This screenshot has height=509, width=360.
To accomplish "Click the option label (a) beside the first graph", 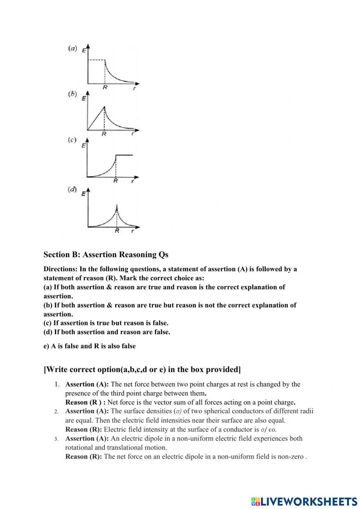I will pyautogui.click(x=72, y=48).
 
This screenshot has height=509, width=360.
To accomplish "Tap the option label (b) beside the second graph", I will pyautogui.click(x=72, y=94).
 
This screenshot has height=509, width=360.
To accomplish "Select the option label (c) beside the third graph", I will pyautogui.click(x=72, y=140).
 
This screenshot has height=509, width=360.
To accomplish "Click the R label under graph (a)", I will pyautogui.click(x=105, y=87).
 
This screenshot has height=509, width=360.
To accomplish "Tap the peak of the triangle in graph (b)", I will pyautogui.click(x=104, y=107).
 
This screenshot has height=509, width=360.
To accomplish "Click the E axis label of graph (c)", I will pyautogui.click(x=84, y=146).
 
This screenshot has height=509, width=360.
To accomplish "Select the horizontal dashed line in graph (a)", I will pyautogui.click(x=96, y=60).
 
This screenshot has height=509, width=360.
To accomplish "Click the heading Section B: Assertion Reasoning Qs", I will pyautogui.click(x=106, y=255).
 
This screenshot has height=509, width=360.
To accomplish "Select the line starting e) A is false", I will pyautogui.click(x=90, y=346).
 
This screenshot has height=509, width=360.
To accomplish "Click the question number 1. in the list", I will pyautogui.click(x=57, y=384).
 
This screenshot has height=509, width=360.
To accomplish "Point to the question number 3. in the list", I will pyautogui.click(x=57, y=439).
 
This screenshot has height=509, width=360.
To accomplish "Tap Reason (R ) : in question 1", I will pyautogui.click(x=85, y=402).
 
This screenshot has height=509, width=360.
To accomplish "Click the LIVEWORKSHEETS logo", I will pyautogui.click(x=304, y=501).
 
